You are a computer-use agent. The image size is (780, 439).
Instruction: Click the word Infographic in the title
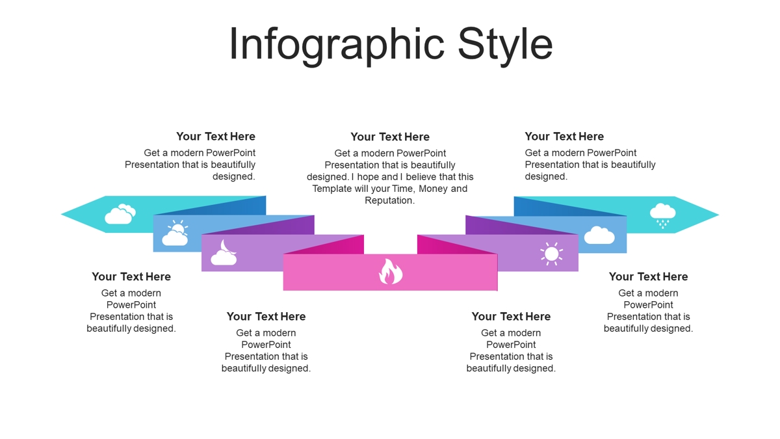click(337, 46)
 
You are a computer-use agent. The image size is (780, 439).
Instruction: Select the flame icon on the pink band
click(391, 271)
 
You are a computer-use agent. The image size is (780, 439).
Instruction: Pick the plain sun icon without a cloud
click(552, 254)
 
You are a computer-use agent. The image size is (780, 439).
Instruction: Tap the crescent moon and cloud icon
click(224, 252)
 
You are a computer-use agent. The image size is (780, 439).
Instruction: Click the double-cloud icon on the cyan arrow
click(120, 214)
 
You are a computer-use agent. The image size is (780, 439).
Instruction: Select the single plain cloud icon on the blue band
click(599, 235)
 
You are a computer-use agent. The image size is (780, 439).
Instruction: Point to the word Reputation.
click(389, 201)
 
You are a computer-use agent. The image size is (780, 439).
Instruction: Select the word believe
click(421, 177)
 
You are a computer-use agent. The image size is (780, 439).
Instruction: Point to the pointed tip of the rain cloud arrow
click(719, 215)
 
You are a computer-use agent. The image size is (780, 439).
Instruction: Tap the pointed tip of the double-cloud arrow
click(62, 214)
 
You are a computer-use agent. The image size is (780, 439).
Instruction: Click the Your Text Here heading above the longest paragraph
click(390, 137)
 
